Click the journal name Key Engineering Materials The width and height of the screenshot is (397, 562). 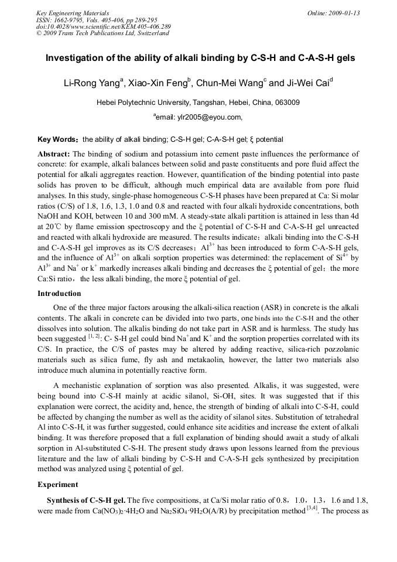(73, 12)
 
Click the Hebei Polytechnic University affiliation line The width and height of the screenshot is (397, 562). (198, 102)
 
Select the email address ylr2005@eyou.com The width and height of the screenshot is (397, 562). (199, 117)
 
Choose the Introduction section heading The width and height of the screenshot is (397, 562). (59, 293)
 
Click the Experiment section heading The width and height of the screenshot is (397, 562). (57, 485)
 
